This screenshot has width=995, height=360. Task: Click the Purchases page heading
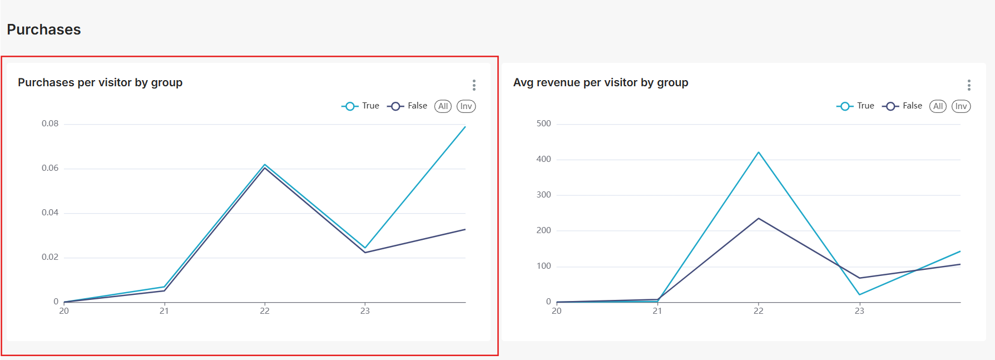[44, 29]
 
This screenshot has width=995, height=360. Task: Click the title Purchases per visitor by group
[100, 82]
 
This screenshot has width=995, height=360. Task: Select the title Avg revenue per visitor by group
[601, 82]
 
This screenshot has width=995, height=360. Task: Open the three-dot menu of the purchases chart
[474, 85]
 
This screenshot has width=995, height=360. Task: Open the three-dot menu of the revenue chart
[969, 85]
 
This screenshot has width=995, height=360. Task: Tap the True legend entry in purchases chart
[360, 106]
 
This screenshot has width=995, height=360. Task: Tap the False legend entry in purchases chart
[407, 106]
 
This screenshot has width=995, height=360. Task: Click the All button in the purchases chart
[443, 106]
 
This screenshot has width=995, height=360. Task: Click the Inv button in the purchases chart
[466, 106]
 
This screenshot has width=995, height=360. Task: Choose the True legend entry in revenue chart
[855, 106]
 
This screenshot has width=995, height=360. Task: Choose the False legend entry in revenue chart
[902, 106]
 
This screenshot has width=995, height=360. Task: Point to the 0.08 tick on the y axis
[50, 124]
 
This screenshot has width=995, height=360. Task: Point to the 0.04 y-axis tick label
[50, 213]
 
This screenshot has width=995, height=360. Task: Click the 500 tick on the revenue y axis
[543, 124]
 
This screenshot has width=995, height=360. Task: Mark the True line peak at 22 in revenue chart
[759, 152]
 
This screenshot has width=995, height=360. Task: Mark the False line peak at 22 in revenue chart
[759, 218]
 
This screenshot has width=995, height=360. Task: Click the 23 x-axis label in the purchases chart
[365, 311]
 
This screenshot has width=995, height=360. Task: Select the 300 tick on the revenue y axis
[543, 195]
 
